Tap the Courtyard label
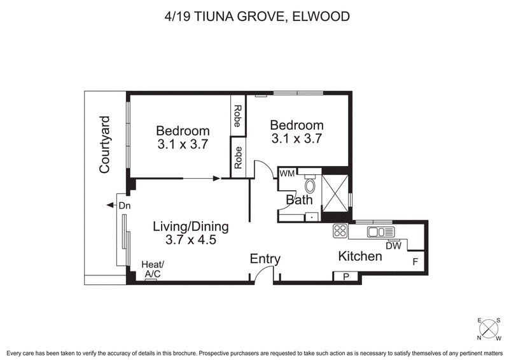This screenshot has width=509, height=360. click(106, 145)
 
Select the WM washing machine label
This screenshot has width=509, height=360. click(286, 172)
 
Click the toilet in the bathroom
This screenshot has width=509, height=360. click(310, 185)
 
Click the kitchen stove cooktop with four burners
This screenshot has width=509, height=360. click(340, 232)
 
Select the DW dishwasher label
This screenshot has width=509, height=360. click(393, 246)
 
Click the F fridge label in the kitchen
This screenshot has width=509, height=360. click(415, 261)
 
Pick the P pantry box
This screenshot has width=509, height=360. click(346, 276)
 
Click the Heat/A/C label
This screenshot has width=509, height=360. click(153, 269)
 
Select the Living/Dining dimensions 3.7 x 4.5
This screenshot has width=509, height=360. click(191, 240)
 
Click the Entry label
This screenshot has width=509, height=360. click(265, 259)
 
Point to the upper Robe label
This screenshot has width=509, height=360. click(237, 116)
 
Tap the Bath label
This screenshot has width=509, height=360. click(298, 200)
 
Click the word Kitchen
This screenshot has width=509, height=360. click(359, 256)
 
